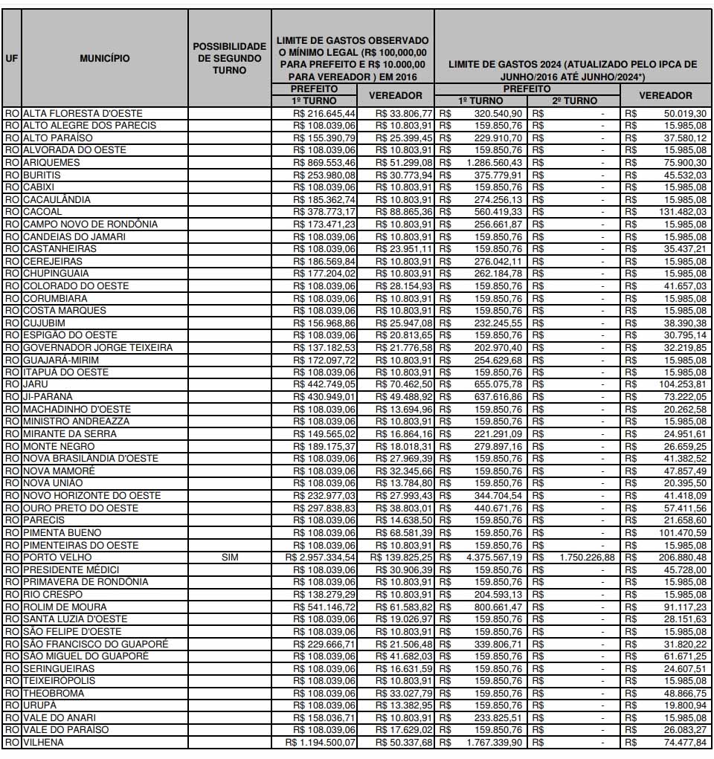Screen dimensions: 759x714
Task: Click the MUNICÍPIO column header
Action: pyautogui.click(x=105, y=57)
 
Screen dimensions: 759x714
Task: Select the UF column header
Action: pyautogui.click(x=12, y=57)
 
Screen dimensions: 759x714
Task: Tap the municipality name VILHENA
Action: pyautogui.click(x=43, y=742)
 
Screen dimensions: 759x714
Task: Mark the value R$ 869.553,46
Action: pyautogui.click(x=326, y=162)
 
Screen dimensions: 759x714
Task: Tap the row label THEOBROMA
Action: pyautogui.click(x=54, y=693)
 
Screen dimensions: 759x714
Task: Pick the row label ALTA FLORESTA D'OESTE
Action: pyautogui.click(x=82, y=113)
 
